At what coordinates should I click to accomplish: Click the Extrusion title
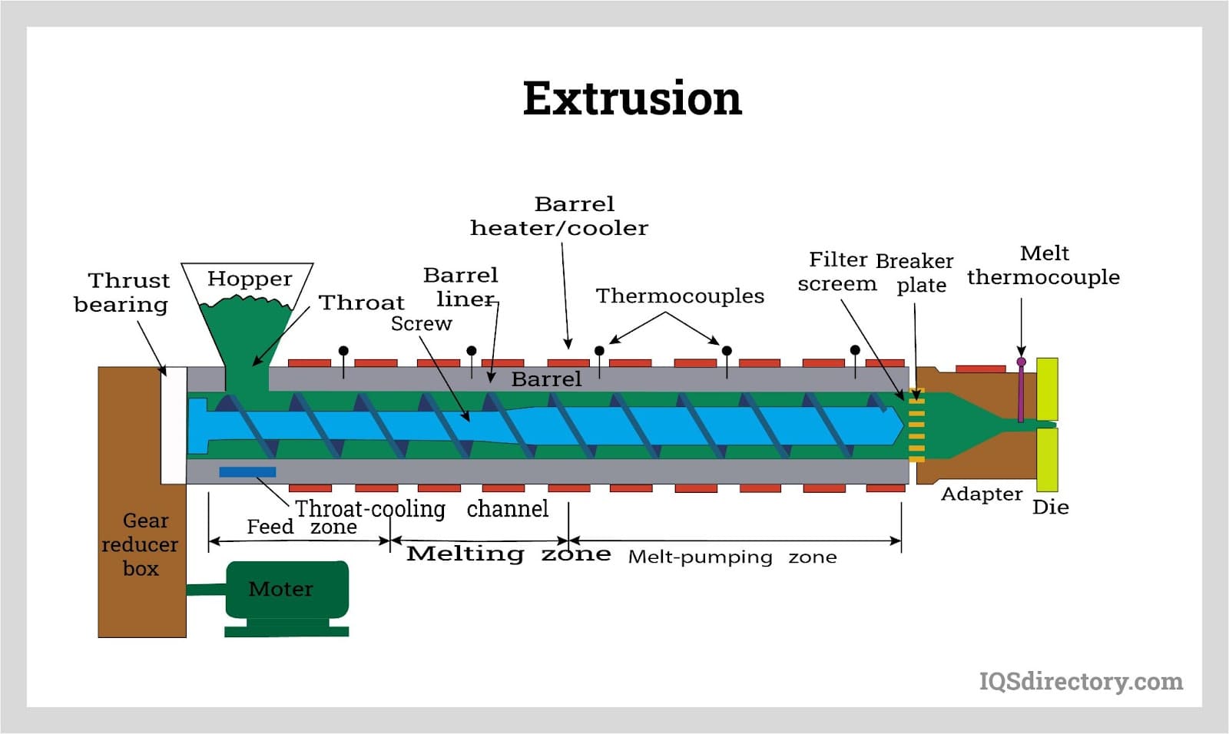[632, 98]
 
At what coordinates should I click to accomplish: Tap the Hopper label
[250, 279]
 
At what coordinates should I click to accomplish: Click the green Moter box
[285, 589]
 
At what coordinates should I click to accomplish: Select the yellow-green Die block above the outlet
[1046, 388]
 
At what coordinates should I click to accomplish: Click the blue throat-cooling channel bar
[247, 472]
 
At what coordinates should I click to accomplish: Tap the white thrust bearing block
[174, 425]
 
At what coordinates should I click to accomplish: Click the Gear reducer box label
[141, 544]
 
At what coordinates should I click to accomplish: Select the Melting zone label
[508, 554]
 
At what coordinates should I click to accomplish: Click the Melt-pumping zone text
[732, 557]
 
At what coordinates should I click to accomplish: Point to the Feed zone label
[301, 527]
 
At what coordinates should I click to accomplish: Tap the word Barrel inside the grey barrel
[546, 379]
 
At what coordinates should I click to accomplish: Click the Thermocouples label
[680, 296]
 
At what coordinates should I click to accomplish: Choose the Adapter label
[982, 494]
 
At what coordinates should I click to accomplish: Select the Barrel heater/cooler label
[559, 216]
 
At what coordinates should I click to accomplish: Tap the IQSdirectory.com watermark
[1080, 681]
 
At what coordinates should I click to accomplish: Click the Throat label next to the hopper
[361, 303]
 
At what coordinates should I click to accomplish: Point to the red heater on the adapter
[980, 369]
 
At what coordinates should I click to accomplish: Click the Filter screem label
[837, 272]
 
